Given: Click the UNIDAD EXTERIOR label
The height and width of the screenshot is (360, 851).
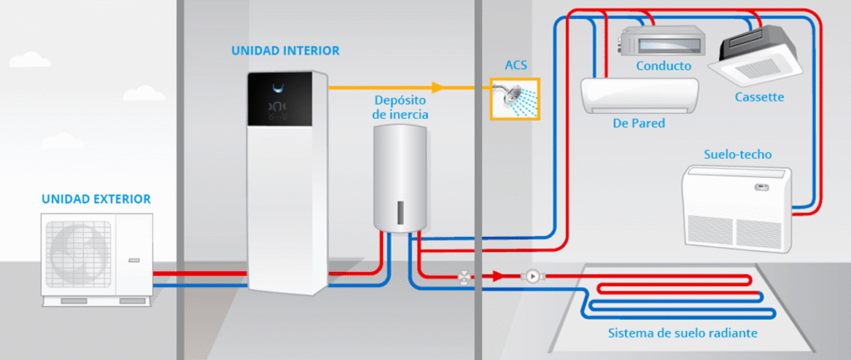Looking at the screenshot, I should [x=96, y=200].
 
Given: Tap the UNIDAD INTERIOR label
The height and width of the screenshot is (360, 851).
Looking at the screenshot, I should [x=285, y=51].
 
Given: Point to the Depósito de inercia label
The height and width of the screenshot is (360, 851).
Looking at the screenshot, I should [x=401, y=106].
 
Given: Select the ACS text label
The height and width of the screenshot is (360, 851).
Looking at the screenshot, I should [x=515, y=64].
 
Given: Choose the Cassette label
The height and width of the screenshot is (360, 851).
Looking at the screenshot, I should [x=759, y=96].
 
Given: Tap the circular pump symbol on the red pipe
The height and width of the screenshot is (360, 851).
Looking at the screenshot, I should [x=529, y=276].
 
